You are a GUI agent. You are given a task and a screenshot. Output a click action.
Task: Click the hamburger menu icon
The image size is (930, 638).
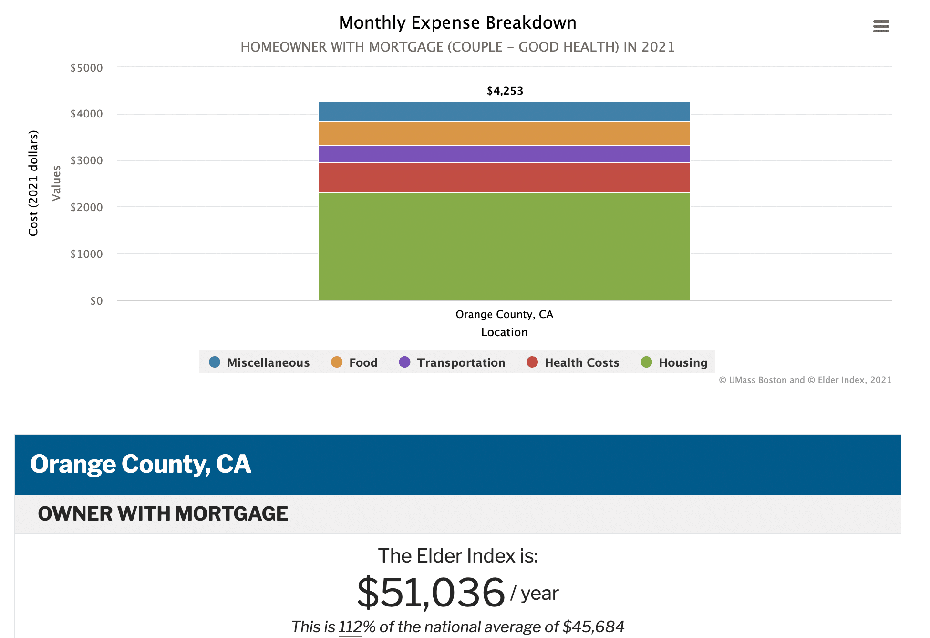pyautogui.click(x=881, y=26)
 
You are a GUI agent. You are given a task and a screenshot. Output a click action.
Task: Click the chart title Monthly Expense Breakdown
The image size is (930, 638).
pyautogui.click(x=457, y=23)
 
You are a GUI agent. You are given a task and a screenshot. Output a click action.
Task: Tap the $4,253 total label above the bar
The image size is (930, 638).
pyautogui.click(x=505, y=91)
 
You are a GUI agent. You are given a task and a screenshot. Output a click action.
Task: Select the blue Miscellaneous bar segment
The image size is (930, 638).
pyautogui.click(x=504, y=112)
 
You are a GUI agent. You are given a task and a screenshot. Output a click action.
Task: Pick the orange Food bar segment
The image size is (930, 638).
pyautogui.click(x=504, y=134)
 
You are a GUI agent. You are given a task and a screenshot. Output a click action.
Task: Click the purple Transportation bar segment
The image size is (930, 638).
pyautogui.click(x=504, y=154)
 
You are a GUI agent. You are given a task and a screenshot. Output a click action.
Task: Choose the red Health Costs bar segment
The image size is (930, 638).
pyautogui.click(x=504, y=178)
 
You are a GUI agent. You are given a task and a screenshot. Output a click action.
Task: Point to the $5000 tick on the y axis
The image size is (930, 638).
pyautogui.click(x=86, y=68)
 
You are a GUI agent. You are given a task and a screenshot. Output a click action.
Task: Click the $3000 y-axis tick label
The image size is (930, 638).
pyautogui.click(x=86, y=160)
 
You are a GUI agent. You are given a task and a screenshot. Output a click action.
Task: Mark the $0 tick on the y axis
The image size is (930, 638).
pyautogui.click(x=96, y=301)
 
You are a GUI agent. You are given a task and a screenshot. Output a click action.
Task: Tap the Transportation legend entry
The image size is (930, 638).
pyautogui.click(x=452, y=362)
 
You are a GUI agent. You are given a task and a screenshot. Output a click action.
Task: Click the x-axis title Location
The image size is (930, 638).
pyautogui.click(x=504, y=332)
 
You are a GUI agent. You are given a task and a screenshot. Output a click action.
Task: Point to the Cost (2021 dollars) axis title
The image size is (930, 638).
pyautogui.click(x=33, y=183)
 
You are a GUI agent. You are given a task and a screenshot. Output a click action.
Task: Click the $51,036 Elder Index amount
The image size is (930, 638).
pyautogui.click(x=431, y=593)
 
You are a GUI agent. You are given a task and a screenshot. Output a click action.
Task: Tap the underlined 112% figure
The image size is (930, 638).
pyautogui.click(x=350, y=627)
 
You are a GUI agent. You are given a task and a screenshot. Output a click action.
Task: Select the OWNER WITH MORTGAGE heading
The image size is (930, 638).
pyautogui.click(x=163, y=514)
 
